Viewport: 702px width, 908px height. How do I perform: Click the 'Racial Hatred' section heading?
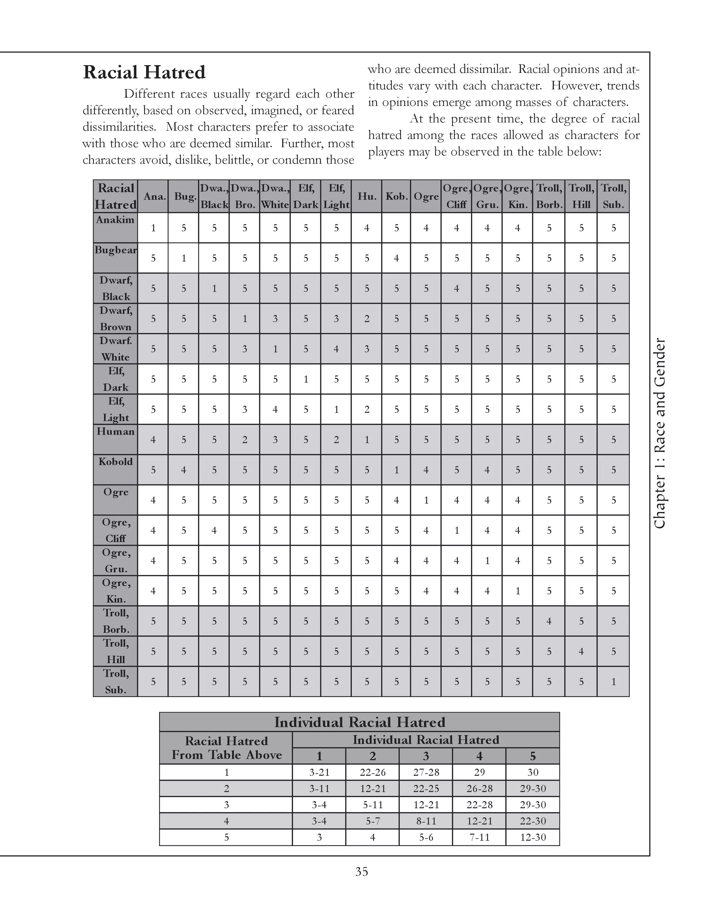coord(144,72)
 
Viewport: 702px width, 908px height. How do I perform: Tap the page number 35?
coord(361,871)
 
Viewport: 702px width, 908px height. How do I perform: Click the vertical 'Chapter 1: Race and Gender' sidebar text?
coord(659,434)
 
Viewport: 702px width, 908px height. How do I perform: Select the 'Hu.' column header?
coord(366,196)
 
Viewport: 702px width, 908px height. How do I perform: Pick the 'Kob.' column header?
coord(396,196)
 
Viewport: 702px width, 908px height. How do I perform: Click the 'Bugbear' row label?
coord(115,250)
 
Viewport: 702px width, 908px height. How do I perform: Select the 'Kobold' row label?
coord(115,462)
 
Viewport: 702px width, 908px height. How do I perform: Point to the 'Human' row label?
coord(115,431)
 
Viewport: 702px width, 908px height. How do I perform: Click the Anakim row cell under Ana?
coord(153,228)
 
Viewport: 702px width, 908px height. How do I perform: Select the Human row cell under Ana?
coord(153,440)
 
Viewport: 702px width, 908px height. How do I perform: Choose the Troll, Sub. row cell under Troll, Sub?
coord(613,682)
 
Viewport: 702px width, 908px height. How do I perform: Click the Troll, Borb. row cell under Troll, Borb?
coord(548,621)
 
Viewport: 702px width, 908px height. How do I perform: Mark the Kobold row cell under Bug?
coord(183,470)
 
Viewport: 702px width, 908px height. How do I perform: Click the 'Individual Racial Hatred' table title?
coord(359,722)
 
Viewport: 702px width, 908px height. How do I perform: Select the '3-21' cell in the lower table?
coord(319,772)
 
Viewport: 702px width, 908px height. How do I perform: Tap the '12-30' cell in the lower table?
coord(533,837)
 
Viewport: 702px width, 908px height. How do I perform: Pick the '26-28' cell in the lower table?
coord(479,789)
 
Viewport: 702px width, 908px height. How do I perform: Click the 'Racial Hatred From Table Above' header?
coord(226,748)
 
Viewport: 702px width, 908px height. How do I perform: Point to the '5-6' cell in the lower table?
coord(426,837)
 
